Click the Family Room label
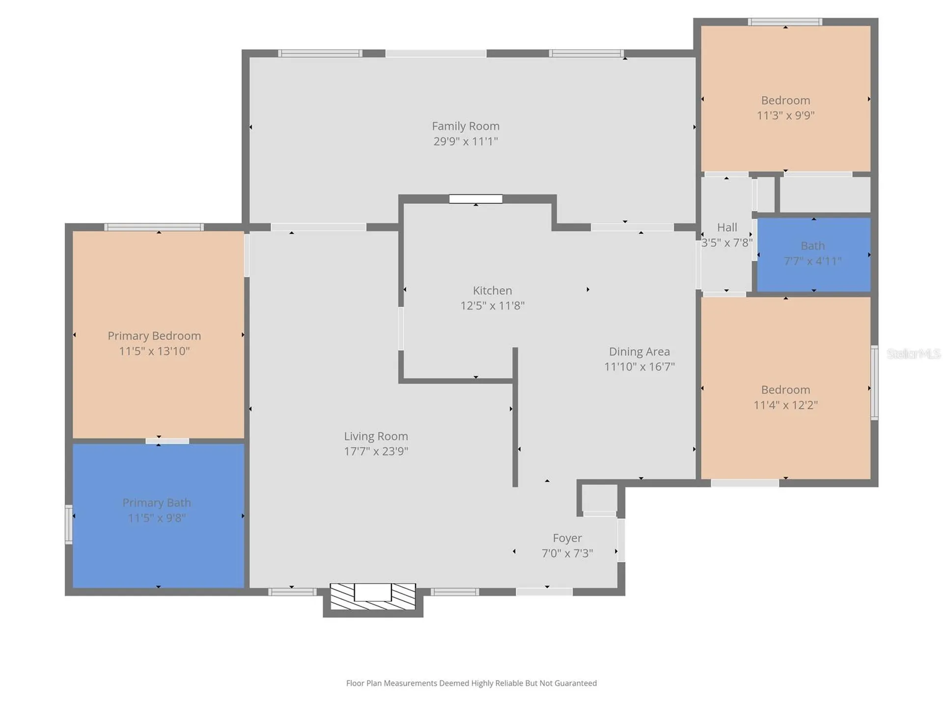[466, 126]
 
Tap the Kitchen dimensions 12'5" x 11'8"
[492, 305]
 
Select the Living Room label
[376, 436]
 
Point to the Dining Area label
[639, 352]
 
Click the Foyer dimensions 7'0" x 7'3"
[567, 553]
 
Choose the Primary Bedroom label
[154, 336]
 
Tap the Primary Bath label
[157, 503]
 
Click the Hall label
[727, 227]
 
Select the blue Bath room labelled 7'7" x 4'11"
[814, 255]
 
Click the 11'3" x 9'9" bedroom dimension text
[785, 115]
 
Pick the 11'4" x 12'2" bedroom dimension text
[785, 405]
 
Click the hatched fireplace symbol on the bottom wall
[373, 596]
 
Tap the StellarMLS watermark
[914, 353]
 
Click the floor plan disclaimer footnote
[471, 683]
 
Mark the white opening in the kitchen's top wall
[475, 199]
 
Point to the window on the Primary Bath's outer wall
[69, 524]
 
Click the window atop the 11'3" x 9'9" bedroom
[785, 22]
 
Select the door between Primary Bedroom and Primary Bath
[167, 441]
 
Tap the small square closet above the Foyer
[600, 498]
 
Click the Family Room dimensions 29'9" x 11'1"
[466, 141]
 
